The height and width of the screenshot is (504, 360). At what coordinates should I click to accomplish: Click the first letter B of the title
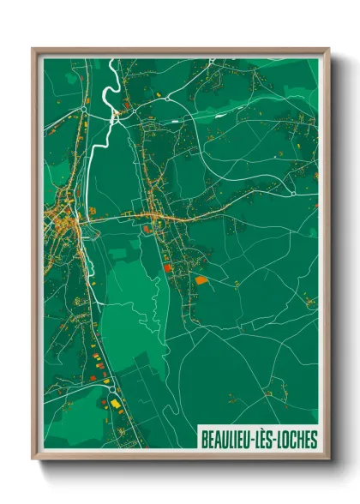click(205, 440)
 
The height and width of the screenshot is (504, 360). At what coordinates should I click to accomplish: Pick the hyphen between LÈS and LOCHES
click(279, 441)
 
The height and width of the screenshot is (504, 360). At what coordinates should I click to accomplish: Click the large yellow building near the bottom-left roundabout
click(115, 401)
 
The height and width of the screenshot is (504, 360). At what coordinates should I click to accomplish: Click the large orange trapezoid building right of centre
click(201, 279)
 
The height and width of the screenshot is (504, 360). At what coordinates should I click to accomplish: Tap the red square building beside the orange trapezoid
click(168, 268)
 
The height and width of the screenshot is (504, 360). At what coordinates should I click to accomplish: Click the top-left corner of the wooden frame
click(33, 50)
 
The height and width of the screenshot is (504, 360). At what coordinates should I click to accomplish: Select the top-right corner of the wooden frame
click(328, 50)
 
